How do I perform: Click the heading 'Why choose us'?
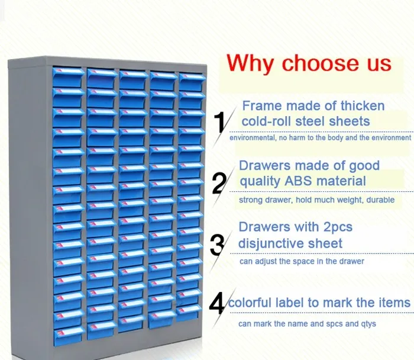309,62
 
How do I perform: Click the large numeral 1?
219,121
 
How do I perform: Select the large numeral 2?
219,183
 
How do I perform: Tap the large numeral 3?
218,243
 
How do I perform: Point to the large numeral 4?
218,304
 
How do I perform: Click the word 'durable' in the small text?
380,200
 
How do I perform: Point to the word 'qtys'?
366,324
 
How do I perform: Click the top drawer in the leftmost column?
69,73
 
